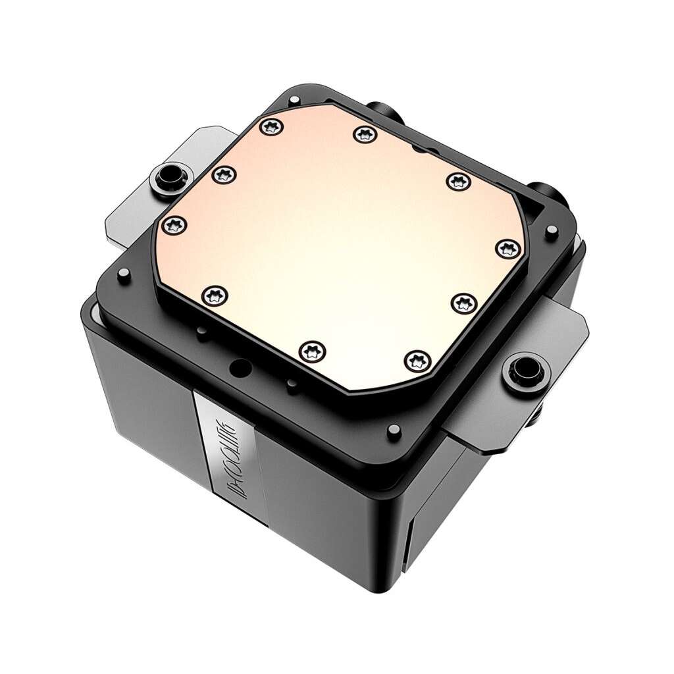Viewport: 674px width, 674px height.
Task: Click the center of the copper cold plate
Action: point(336,244)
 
